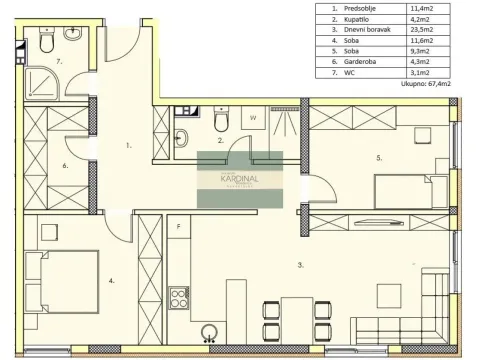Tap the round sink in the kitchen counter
pos(210,334)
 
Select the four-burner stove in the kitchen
pos(179,298)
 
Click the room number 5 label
pos(379,157)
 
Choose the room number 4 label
pos(112,281)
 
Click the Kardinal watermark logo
pos(240,180)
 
